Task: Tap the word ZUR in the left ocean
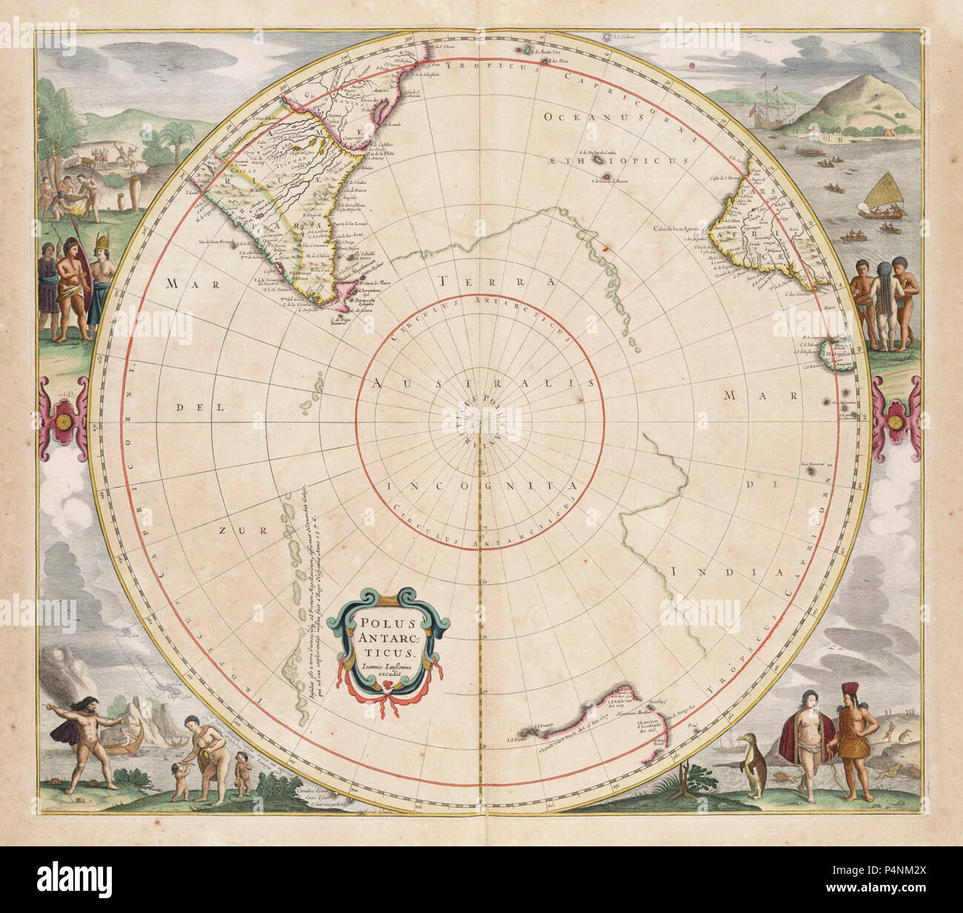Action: (x=230, y=530)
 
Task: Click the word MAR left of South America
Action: (x=181, y=282)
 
